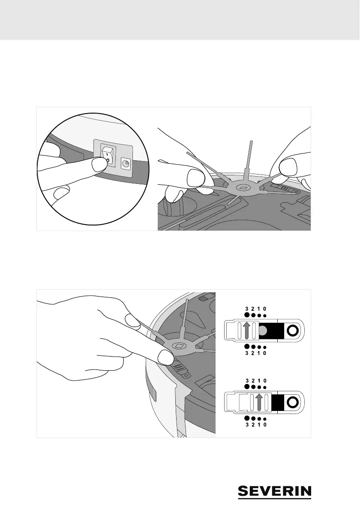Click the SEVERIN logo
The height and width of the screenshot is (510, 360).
pos(274,491)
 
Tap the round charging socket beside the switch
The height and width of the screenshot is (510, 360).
pos(126,163)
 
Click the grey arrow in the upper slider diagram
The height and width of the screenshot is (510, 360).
pos(246,331)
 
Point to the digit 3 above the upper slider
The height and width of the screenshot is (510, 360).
pos(247,308)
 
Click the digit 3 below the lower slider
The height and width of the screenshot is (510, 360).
pos(247,425)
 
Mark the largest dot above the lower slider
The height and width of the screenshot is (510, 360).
pos(247,386)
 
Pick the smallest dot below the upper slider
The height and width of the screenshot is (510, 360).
pos(265,348)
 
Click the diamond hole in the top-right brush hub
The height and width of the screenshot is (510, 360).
pos(243,187)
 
